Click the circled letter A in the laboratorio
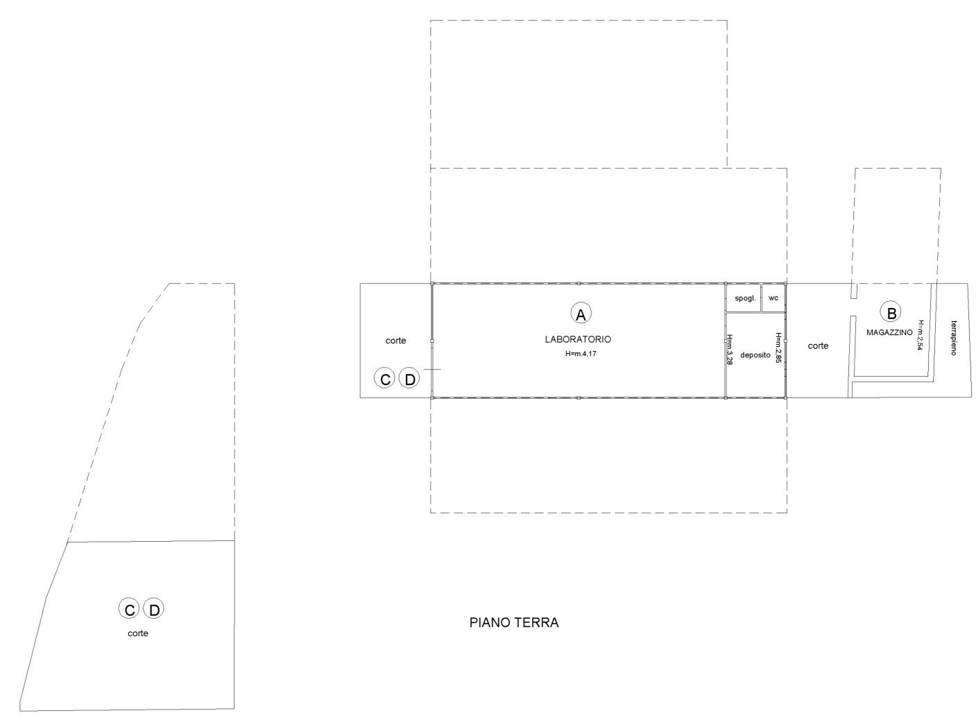click(x=581, y=314)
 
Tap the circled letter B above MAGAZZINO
click(x=891, y=312)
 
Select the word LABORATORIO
click(x=578, y=339)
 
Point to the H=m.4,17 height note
click(x=581, y=353)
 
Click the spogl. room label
click(x=745, y=298)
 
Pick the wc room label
click(x=773, y=298)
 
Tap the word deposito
click(x=755, y=354)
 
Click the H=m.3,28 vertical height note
click(x=730, y=350)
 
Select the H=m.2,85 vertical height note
click(x=778, y=348)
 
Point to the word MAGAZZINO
click(x=889, y=333)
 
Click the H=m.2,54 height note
click(x=920, y=334)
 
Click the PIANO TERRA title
click(x=514, y=623)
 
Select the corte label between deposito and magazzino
click(x=818, y=346)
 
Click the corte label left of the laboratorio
click(x=395, y=341)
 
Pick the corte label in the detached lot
click(x=138, y=633)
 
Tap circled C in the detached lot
click(x=130, y=610)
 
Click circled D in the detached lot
click(x=154, y=610)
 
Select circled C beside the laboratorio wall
click(x=385, y=379)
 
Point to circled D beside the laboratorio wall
click(x=410, y=379)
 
